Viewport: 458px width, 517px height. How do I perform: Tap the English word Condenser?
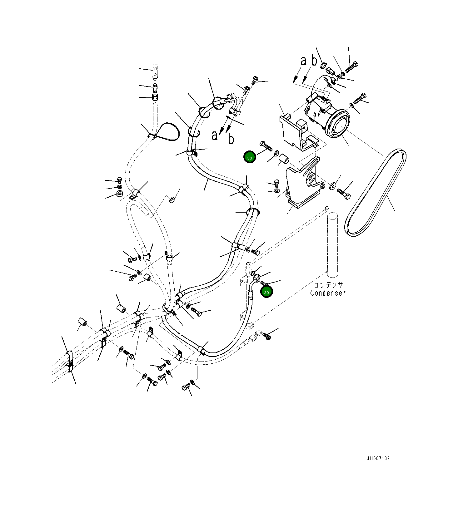coord(328,293)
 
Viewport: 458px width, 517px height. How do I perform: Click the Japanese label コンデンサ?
coord(328,285)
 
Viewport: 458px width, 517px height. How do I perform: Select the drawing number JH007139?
coord(378,459)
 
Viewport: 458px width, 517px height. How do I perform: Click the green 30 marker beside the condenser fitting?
coord(266,292)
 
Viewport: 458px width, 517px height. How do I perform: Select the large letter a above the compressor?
coord(303,61)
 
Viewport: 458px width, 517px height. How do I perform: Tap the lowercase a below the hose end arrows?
coord(214,135)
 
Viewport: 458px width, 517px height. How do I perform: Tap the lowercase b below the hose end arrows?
coord(231,139)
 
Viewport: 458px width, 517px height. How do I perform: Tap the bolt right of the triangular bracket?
coord(344,194)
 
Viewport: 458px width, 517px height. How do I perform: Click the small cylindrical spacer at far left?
coord(82,322)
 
